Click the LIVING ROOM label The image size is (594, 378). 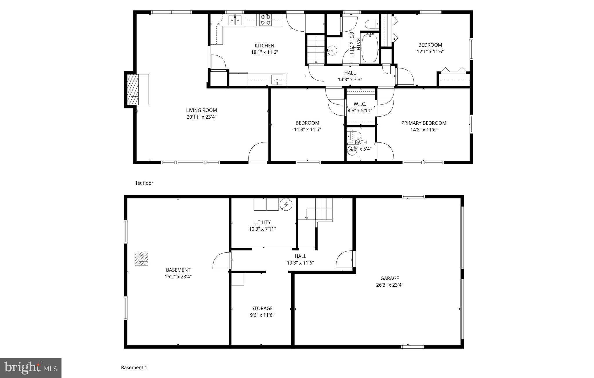201,110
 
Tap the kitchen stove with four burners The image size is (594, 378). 265,20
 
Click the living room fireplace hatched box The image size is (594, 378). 134,89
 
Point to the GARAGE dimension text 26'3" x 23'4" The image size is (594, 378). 390,285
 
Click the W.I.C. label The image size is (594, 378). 360,104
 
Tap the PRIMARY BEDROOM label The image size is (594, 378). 423,123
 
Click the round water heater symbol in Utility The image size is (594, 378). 286,204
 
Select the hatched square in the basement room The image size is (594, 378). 141,258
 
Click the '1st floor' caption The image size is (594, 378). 144,183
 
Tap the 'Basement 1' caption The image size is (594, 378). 134,368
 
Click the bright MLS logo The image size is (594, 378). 31,368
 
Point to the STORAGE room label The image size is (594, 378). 262,308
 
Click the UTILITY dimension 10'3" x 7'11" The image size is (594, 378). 262,229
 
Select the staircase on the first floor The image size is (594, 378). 316,49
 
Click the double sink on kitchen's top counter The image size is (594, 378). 235,20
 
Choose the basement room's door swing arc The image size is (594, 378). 221,261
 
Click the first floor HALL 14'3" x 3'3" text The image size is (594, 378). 350,79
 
